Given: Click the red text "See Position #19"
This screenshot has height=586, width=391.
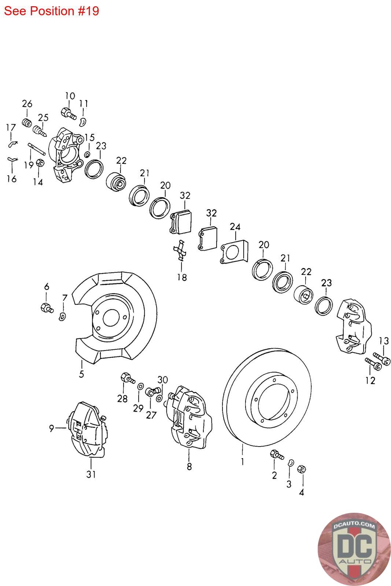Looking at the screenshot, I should point(51,11).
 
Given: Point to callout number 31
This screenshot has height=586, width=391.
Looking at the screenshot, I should point(91,474).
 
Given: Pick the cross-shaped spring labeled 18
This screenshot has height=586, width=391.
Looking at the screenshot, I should point(180,251).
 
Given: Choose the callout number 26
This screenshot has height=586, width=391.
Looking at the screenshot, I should point(27,104).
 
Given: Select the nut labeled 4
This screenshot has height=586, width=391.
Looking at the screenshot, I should point(302,469).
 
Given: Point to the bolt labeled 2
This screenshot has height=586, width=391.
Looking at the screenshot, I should point(276,455).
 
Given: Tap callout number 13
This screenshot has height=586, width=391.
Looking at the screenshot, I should point(383,341).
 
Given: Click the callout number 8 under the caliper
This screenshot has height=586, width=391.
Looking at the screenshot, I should point(189,467).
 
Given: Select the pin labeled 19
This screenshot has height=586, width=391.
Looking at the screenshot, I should point(36,149).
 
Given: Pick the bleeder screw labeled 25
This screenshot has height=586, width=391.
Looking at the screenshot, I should point(40,130).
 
